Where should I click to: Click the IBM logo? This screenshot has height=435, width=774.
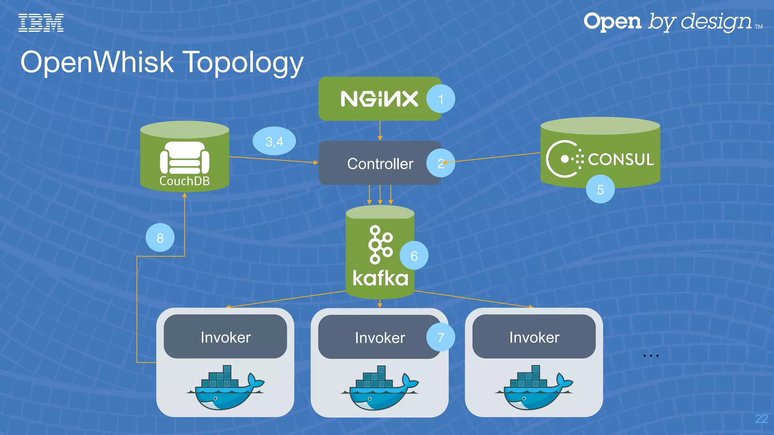(41, 23)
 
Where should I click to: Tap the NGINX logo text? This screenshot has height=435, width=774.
(379, 99)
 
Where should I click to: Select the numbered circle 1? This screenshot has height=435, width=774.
(441, 99)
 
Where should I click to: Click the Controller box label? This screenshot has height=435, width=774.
(380, 164)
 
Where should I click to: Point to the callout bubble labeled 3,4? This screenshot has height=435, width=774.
(274, 141)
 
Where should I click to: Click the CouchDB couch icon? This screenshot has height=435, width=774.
(184, 158)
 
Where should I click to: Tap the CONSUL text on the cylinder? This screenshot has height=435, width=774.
(621, 159)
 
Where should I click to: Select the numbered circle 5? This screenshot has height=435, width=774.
(600, 190)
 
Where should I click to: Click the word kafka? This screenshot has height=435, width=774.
(380, 279)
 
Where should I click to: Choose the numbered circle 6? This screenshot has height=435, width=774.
(414, 256)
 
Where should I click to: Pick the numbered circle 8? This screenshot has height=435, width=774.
(160, 238)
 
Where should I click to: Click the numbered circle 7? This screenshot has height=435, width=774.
(441, 337)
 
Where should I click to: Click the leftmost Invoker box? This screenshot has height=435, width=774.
(225, 337)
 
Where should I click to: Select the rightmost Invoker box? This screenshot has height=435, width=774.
(534, 337)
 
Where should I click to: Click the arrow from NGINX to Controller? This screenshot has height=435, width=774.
(380, 131)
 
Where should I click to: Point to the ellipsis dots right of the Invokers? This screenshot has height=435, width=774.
(651, 356)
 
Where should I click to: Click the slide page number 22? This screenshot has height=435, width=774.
(761, 419)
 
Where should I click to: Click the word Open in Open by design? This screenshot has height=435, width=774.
(612, 22)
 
